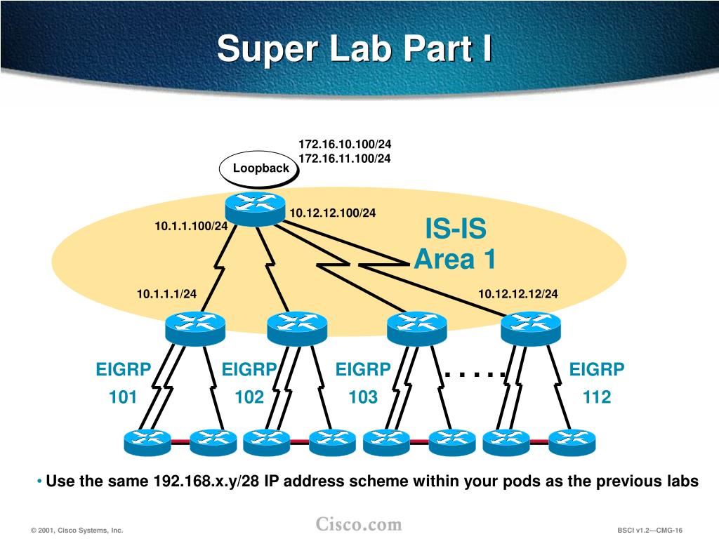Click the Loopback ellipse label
260,168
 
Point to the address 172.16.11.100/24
345,159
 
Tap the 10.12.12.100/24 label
333,213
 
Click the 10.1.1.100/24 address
191,226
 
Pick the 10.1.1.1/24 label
166,293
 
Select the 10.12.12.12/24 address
518,293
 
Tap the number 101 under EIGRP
123,397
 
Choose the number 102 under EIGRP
249,397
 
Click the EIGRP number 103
363,397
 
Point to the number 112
597,397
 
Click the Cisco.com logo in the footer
359,524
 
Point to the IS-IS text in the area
455,229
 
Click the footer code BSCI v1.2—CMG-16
650,531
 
